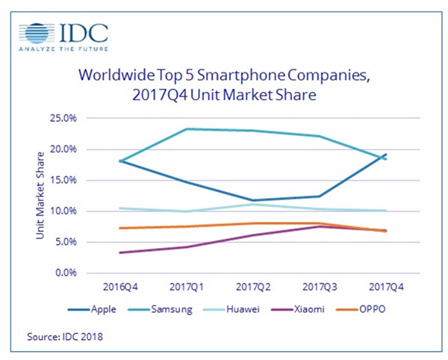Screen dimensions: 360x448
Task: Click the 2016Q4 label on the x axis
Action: point(120,287)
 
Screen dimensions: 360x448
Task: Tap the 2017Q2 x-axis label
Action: point(253,287)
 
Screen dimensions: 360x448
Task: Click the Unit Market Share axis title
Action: point(40,196)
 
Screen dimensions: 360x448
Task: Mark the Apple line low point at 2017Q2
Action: point(253,200)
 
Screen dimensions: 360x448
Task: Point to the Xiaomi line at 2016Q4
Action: point(120,252)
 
